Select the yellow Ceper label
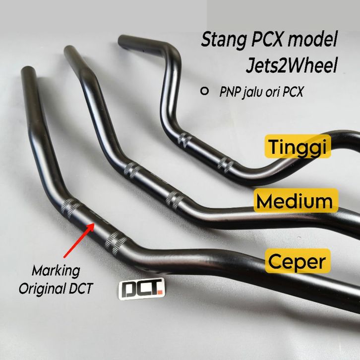[x=298, y=261]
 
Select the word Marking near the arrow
[x=56, y=271]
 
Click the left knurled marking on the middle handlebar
[x=131, y=169]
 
